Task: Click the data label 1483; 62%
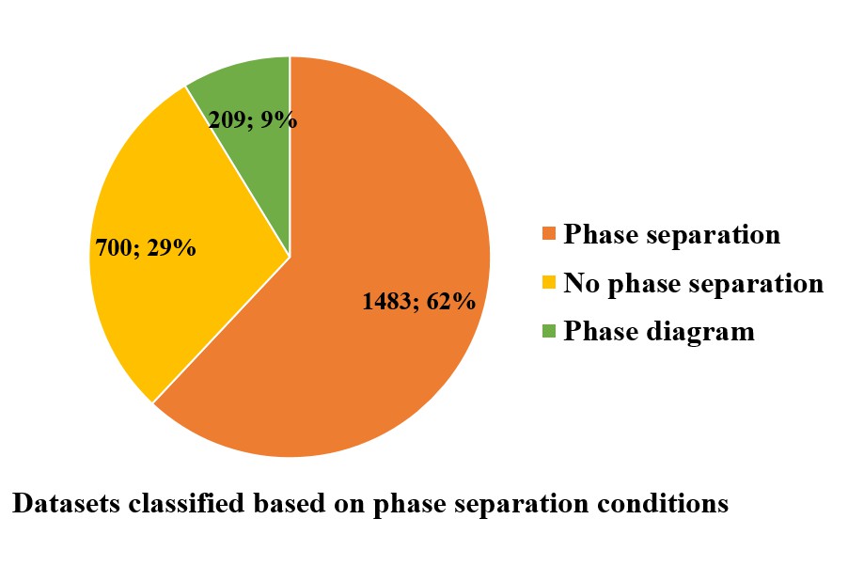tap(418, 302)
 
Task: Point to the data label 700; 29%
tap(146, 248)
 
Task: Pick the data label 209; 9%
tap(253, 120)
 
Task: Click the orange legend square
tap(549, 234)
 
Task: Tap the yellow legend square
tap(549, 282)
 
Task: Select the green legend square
tap(549, 331)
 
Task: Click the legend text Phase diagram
tap(659, 331)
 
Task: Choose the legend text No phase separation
tap(693, 283)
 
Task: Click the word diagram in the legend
tap(700, 332)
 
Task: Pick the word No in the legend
tap(581, 283)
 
